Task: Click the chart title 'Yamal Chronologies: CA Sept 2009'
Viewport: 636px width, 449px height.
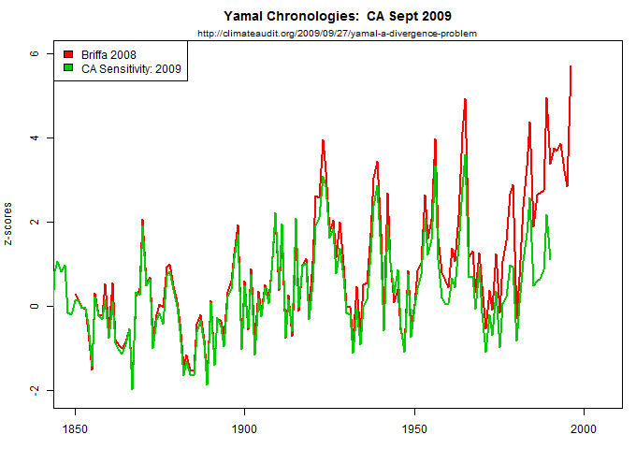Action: (338, 16)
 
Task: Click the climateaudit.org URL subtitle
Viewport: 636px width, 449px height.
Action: (338, 34)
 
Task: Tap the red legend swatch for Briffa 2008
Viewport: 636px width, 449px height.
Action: (66, 54)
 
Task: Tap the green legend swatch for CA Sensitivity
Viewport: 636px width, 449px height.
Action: (66, 68)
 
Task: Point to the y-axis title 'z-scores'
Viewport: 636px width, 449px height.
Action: (9, 222)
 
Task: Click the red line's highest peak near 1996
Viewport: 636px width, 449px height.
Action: (571, 66)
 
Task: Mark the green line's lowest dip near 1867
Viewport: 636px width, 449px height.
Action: (132, 388)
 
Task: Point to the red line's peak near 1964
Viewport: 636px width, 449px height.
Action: (464, 99)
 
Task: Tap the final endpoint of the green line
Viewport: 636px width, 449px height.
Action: (550, 259)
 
